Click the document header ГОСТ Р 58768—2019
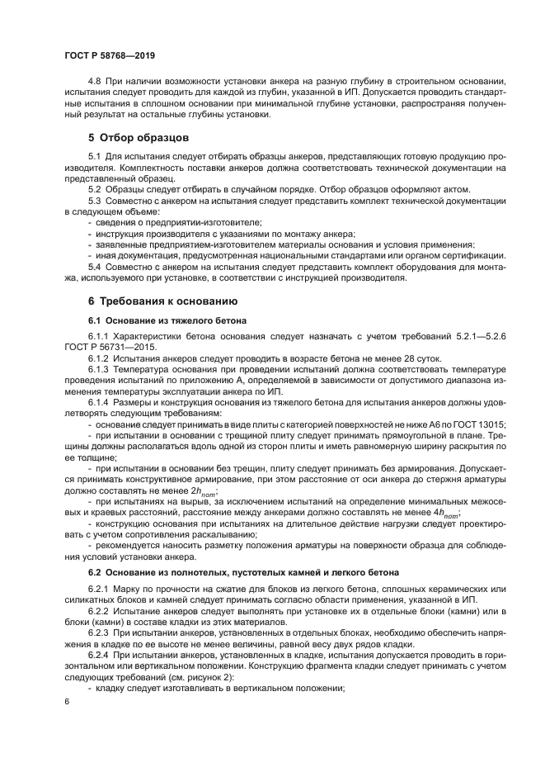click(109, 54)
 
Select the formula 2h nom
click(201, 489)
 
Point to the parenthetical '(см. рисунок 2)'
click(195, 676)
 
